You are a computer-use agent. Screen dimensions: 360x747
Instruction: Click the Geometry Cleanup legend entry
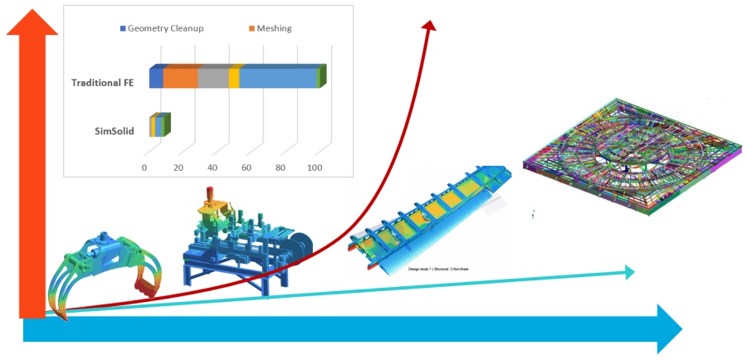click(x=161, y=28)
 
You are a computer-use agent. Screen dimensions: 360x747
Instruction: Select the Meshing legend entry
click(x=269, y=28)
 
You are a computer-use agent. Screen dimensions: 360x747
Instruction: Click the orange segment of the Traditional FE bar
click(x=181, y=77)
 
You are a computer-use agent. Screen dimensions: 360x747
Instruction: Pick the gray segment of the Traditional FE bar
click(x=213, y=77)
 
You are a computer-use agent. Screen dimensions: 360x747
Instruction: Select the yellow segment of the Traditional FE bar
click(x=235, y=77)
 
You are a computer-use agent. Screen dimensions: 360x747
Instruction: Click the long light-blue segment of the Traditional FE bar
click(x=279, y=77)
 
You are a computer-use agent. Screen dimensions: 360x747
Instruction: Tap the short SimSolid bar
click(x=160, y=126)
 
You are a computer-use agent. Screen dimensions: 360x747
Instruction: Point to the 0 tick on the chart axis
click(x=144, y=168)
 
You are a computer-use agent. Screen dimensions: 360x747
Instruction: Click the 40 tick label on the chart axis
click(x=212, y=168)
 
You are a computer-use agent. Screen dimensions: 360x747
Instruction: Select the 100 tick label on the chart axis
click(x=315, y=168)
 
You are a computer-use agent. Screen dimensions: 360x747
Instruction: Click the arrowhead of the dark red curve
click(x=429, y=27)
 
